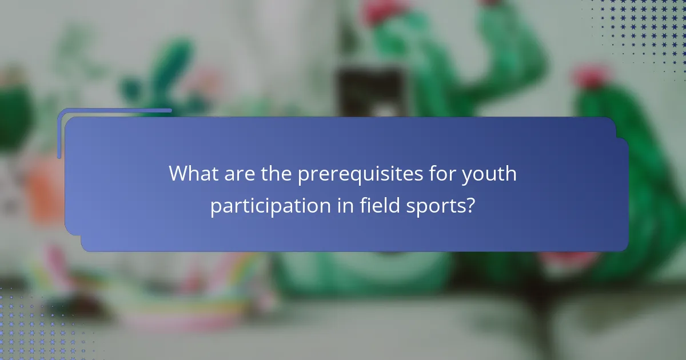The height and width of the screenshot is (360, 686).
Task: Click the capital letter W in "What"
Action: [x=178, y=173]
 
